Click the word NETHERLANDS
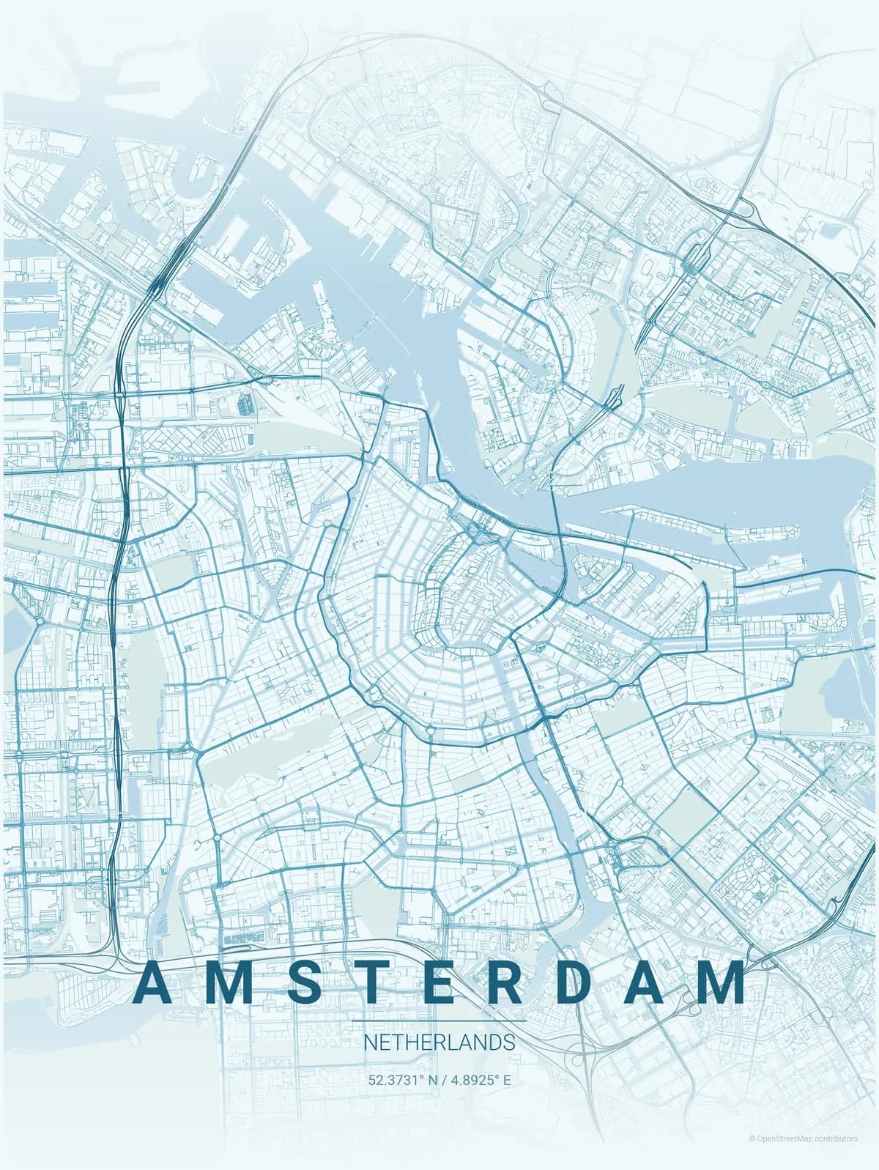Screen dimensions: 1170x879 (439, 1042)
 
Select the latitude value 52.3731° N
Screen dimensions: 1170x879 (401, 1079)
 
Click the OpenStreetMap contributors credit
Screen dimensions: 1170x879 (803, 1138)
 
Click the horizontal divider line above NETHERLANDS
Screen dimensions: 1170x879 (439, 1021)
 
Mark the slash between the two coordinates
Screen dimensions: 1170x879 (443, 1079)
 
